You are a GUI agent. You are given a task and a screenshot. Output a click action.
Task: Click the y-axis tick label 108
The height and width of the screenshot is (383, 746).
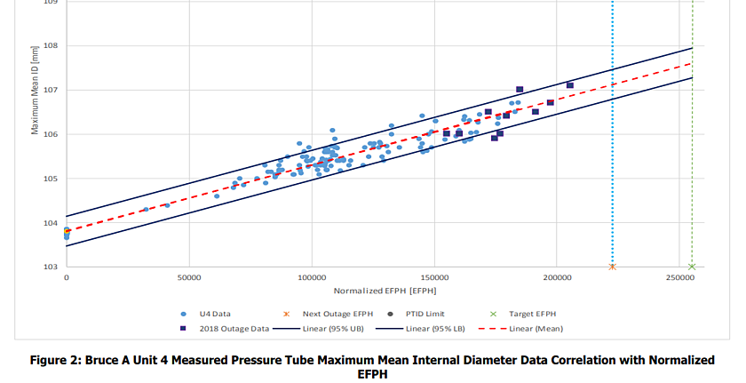(x=50, y=46)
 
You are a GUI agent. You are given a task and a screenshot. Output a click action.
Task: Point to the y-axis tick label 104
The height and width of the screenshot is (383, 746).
(x=50, y=223)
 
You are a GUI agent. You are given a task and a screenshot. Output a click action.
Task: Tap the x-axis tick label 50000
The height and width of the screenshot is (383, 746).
(x=188, y=278)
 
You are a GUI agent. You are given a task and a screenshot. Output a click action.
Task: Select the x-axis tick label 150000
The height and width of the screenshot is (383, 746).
(x=434, y=278)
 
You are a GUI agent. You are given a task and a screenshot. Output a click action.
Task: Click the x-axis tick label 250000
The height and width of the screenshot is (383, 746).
(x=679, y=278)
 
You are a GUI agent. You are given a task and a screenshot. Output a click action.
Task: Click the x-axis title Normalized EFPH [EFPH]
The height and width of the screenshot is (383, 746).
(x=385, y=291)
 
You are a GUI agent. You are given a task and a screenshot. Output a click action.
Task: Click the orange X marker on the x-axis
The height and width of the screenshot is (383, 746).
(x=612, y=267)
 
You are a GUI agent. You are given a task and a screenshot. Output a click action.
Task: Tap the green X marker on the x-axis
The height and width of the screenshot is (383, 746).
(x=692, y=267)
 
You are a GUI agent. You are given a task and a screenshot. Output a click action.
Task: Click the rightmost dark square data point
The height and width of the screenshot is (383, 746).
(x=569, y=85)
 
